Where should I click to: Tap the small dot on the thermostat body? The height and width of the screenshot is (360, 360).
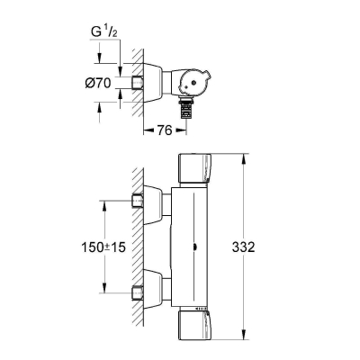(x=196, y=244)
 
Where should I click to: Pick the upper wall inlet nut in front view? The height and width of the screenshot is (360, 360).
(x=139, y=199)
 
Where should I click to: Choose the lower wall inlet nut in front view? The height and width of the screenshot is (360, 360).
(x=139, y=290)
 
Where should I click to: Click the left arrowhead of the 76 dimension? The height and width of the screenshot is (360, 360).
(x=148, y=128)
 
